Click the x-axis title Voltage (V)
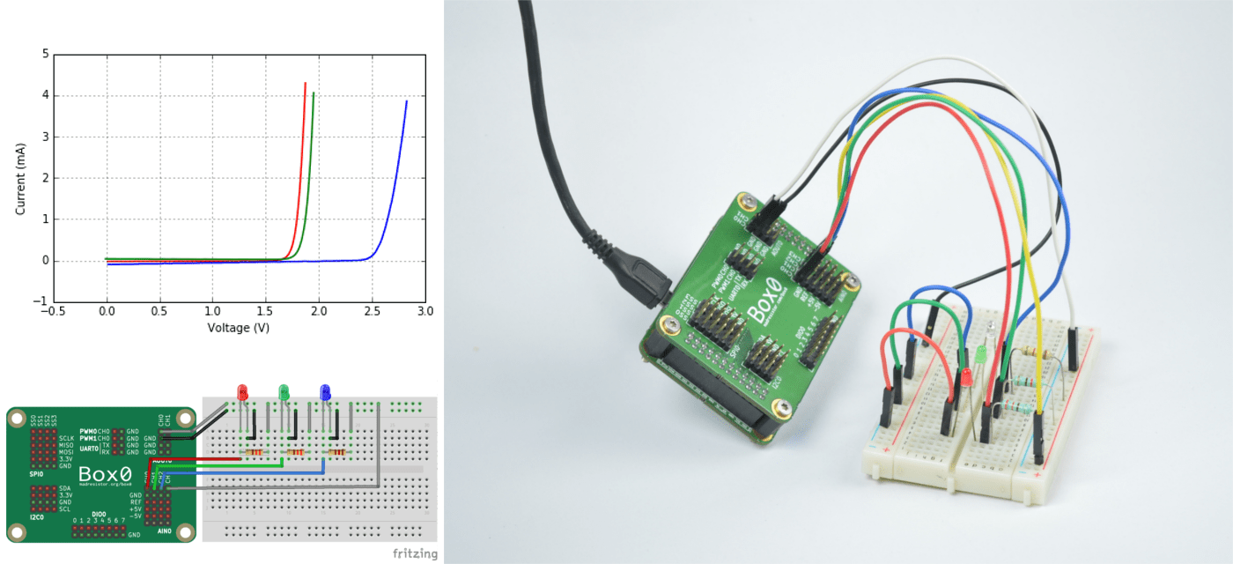click(238, 328)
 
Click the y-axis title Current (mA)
click(20, 176)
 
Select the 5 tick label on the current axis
click(45, 54)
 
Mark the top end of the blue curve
click(406, 101)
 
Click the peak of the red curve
click(305, 84)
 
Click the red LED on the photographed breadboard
click(965, 376)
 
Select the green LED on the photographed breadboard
click(980, 356)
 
